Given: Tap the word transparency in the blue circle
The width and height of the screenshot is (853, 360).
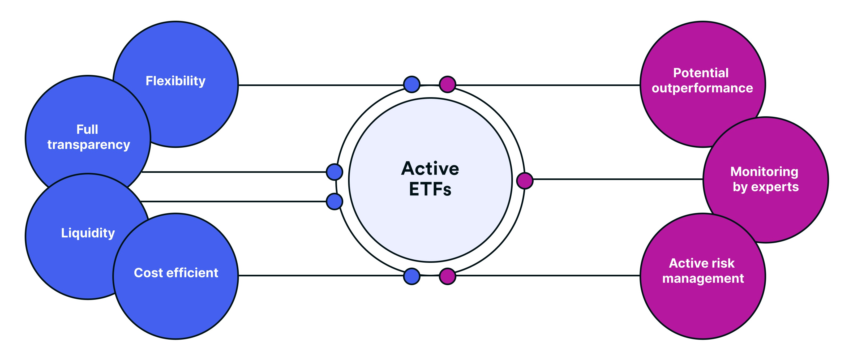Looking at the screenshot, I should coord(89,145).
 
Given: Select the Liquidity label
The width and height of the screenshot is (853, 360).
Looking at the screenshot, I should coord(88,233).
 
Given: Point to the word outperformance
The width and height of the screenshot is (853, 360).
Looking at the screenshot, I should coord(702,88).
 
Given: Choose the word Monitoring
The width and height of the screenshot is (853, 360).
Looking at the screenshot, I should coord(764,172).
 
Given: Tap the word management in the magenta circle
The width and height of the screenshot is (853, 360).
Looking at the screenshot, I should coord(703,278).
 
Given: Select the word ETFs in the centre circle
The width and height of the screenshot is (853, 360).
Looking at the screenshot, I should coord(430,190).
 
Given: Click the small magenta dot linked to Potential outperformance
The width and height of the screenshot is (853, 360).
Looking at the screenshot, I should coord(447,84).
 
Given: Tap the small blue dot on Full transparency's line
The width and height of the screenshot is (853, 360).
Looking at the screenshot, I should coord(335,172).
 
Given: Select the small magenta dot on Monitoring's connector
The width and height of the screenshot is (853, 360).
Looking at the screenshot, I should coord(525,181).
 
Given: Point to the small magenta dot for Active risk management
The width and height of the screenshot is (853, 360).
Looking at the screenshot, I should coord(447,276).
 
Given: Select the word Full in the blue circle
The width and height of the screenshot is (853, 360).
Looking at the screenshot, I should coord(87,130).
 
